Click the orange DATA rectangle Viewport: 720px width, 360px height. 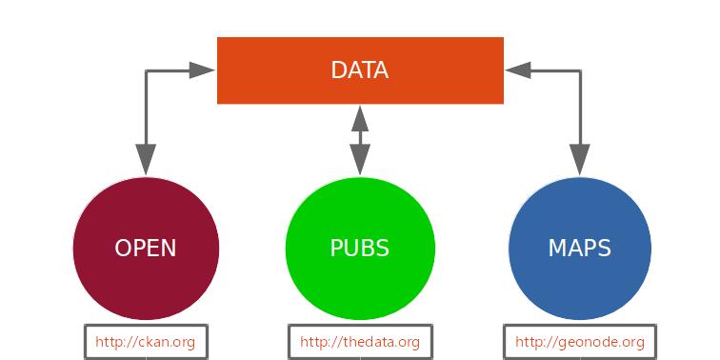(360, 70)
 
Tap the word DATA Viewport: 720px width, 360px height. (360, 70)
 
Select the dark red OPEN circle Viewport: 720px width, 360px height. (146, 248)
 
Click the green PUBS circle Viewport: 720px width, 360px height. (360, 248)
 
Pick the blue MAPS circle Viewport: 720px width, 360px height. (579, 248)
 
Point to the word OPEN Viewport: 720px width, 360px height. (146, 249)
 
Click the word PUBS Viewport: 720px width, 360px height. (360, 249)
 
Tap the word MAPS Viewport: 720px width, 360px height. (579, 249)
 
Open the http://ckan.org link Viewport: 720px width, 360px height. (146, 342)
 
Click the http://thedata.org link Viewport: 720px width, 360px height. (360, 342)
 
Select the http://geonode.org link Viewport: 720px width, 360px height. (580, 343)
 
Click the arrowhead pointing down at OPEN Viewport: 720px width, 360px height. (146, 160)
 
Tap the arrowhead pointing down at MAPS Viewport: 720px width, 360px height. (580, 160)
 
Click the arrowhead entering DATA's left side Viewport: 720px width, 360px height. (202, 70)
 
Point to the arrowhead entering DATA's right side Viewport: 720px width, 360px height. (518, 70)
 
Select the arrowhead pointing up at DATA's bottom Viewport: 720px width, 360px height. (360, 119)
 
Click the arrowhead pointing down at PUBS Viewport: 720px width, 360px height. (360, 160)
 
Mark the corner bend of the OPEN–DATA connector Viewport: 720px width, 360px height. (146, 70)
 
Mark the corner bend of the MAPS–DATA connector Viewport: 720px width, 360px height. (580, 70)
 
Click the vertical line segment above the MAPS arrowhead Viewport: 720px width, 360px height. (580, 108)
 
